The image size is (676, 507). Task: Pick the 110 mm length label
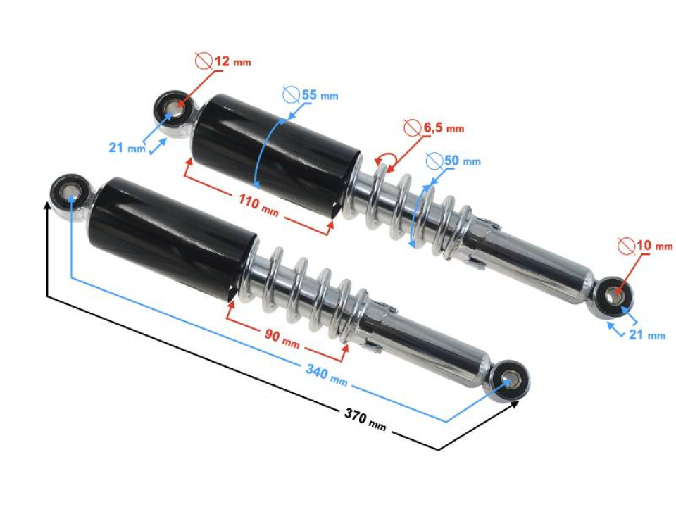tap(258, 205)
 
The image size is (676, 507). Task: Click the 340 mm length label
tap(326, 374)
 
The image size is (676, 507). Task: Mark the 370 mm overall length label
tap(365, 420)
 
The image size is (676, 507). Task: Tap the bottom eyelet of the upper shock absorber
tap(612, 297)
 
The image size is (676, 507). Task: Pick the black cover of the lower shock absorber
tap(172, 237)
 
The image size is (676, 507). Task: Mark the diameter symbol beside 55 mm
tap(292, 95)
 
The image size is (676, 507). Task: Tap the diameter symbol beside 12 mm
tap(204, 61)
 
